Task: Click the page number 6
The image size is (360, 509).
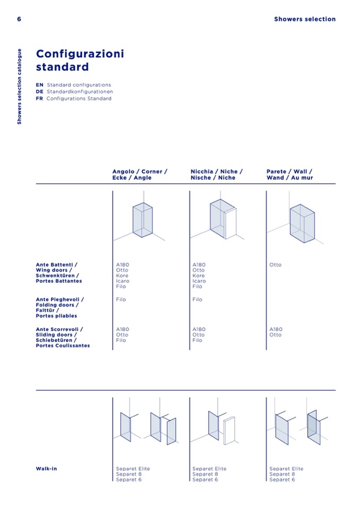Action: [19, 19]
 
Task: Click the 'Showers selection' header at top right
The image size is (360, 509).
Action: [305, 19]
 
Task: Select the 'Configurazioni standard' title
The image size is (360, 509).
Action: [80, 60]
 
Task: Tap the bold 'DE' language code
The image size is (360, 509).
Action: [40, 91]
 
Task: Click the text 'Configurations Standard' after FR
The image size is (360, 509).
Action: [79, 98]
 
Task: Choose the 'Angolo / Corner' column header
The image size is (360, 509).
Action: [140, 174]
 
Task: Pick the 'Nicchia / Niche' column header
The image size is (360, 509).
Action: [217, 174]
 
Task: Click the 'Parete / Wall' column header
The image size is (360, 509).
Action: [289, 174]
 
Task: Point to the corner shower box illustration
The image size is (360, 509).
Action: [142, 220]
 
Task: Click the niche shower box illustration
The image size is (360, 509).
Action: [223, 219]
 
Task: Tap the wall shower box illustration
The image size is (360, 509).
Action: [302, 223]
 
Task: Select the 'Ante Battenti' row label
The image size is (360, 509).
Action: [59, 273]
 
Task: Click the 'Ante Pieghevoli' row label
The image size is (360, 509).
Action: [59, 307]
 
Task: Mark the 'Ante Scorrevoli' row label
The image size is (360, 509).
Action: [63, 337]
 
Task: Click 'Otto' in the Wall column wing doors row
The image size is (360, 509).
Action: [275, 265]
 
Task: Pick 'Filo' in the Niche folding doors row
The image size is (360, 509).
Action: [197, 299]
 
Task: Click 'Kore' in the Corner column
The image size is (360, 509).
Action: [122, 275]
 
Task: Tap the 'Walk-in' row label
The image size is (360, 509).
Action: [46, 469]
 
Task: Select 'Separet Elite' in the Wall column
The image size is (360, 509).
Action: [286, 469]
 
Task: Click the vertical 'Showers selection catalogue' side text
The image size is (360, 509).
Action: [19, 87]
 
